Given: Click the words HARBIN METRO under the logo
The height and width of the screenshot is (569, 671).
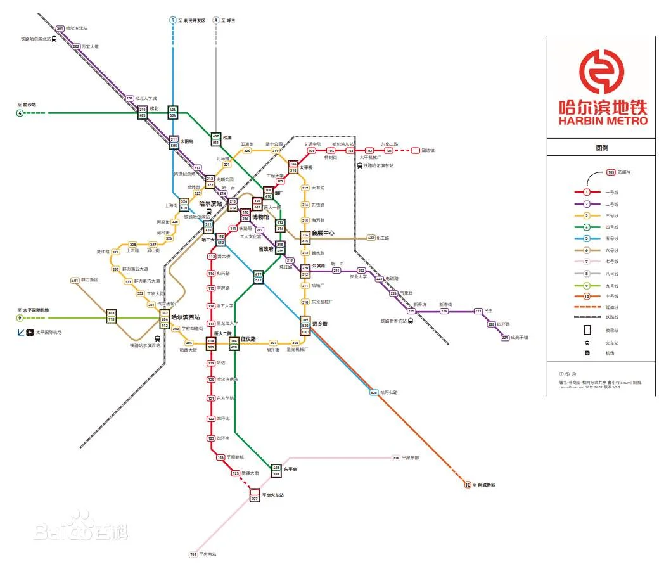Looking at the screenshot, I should tap(603, 120).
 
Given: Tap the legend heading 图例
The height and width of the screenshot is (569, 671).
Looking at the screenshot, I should tap(602, 148).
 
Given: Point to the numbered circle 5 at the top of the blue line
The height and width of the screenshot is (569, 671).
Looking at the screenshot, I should tap(172, 20).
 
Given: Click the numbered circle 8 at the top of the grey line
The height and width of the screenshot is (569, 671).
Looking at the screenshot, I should tap(215, 20).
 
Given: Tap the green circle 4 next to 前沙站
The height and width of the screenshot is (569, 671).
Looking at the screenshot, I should tap(20, 113).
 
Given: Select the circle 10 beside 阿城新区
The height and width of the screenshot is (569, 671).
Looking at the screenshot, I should tap(468, 485).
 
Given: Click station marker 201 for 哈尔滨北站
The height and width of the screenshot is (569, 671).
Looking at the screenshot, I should tap(60, 29).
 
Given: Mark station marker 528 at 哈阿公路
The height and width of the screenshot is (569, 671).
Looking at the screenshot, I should tap(374, 393).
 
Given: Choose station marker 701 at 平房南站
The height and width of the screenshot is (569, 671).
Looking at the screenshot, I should tap(193, 554).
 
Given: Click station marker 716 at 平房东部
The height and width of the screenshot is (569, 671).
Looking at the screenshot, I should tap(396, 457).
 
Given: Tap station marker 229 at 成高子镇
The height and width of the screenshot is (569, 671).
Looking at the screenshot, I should tap(505, 338).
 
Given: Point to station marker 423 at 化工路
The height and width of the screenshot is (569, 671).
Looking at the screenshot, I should tap(371, 238).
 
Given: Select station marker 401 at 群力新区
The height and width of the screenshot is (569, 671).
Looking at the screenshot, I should tap(75, 280).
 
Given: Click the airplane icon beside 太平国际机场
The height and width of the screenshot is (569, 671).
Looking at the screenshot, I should tap(29, 332).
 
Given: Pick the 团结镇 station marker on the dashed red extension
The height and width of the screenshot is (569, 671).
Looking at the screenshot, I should tap(416, 151).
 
